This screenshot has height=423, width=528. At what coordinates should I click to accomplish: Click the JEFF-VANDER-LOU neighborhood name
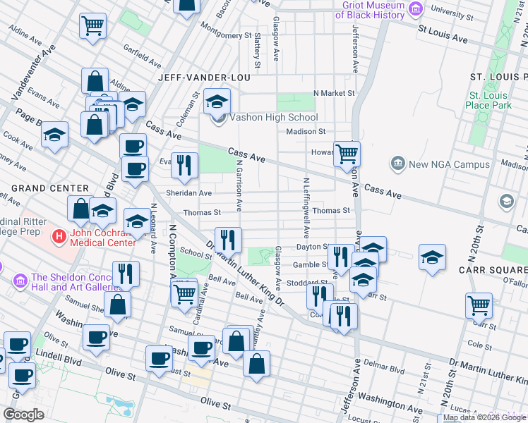(x=201, y=78)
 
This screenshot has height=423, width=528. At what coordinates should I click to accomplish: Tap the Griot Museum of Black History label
(x=373, y=9)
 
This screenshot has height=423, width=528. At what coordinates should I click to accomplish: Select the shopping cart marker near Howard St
(x=347, y=154)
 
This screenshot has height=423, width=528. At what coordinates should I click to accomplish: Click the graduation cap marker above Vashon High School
(x=217, y=101)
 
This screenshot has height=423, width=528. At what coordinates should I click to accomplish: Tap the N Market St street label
(x=334, y=92)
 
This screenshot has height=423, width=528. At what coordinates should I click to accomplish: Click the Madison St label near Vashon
(x=306, y=131)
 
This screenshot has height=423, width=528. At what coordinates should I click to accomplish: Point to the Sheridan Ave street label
(x=188, y=193)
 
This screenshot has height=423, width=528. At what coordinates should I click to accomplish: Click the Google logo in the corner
(x=24, y=415)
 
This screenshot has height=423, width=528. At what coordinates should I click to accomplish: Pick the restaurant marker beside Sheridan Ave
(x=184, y=166)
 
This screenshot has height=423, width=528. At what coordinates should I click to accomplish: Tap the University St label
(x=451, y=11)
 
